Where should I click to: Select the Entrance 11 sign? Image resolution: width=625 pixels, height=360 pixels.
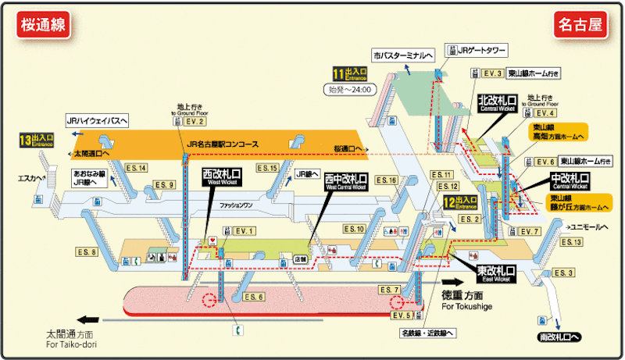[350, 75]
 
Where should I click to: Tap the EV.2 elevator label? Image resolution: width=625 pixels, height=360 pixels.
[195, 122]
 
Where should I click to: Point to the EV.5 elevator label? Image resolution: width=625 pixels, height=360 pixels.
[401, 315]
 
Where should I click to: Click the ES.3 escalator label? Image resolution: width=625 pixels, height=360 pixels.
[563, 272]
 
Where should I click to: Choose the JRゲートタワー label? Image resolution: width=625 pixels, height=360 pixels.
[480, 51]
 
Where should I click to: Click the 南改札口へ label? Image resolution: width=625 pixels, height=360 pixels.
[559, 337]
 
